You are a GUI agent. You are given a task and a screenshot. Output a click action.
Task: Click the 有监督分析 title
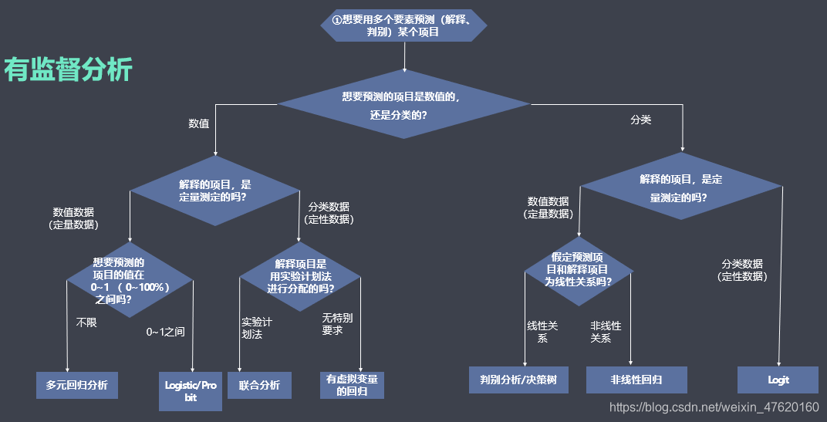(69, 70)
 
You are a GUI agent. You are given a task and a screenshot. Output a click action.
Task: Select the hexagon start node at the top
(403, 26)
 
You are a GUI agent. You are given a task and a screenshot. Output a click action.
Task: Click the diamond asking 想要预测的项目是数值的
(403, 105)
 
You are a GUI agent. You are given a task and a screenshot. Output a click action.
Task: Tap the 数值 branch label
(199, 123)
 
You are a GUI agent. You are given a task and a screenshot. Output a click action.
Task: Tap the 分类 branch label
(641, 120)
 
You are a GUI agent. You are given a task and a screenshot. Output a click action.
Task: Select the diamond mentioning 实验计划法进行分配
(300, 275)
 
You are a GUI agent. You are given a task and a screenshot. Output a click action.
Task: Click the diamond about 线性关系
(579, 270)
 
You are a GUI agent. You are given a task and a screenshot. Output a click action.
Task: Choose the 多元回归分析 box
(77, 384)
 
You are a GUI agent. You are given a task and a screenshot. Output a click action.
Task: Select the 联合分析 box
(259, 384)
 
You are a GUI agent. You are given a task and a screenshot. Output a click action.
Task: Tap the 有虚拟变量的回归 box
(352, 384)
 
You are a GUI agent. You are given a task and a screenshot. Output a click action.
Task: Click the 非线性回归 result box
(636, 380)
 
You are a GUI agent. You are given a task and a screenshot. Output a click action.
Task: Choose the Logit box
(778, 380)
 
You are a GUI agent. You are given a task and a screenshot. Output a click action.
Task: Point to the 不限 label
(86, 322)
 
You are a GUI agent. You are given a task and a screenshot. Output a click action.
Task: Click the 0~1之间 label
(166, 332)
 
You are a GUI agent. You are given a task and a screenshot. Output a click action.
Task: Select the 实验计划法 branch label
(256, 328)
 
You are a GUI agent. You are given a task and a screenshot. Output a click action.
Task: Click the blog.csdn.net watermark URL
(714, 407)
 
